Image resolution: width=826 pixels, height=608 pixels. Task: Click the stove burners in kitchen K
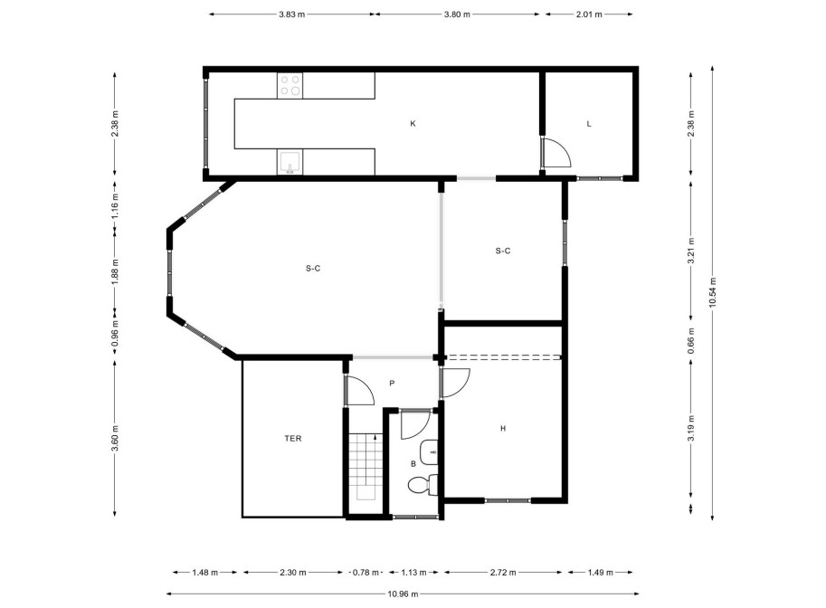290,85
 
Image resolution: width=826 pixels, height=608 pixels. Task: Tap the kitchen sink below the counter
290,163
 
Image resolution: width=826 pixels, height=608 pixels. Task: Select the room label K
413,123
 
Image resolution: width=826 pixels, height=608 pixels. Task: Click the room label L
588,123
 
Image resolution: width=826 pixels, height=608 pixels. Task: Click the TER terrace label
292,438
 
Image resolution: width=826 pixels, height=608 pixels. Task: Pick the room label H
502,429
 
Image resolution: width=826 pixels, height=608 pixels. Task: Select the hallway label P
392,384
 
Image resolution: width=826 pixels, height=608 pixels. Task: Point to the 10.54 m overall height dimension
713,291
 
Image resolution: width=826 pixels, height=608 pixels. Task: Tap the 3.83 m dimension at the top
291,14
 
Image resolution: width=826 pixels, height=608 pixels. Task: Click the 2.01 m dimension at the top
589,14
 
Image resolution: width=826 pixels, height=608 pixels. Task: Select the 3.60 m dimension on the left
115,438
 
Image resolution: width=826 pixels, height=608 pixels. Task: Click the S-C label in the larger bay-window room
313,268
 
